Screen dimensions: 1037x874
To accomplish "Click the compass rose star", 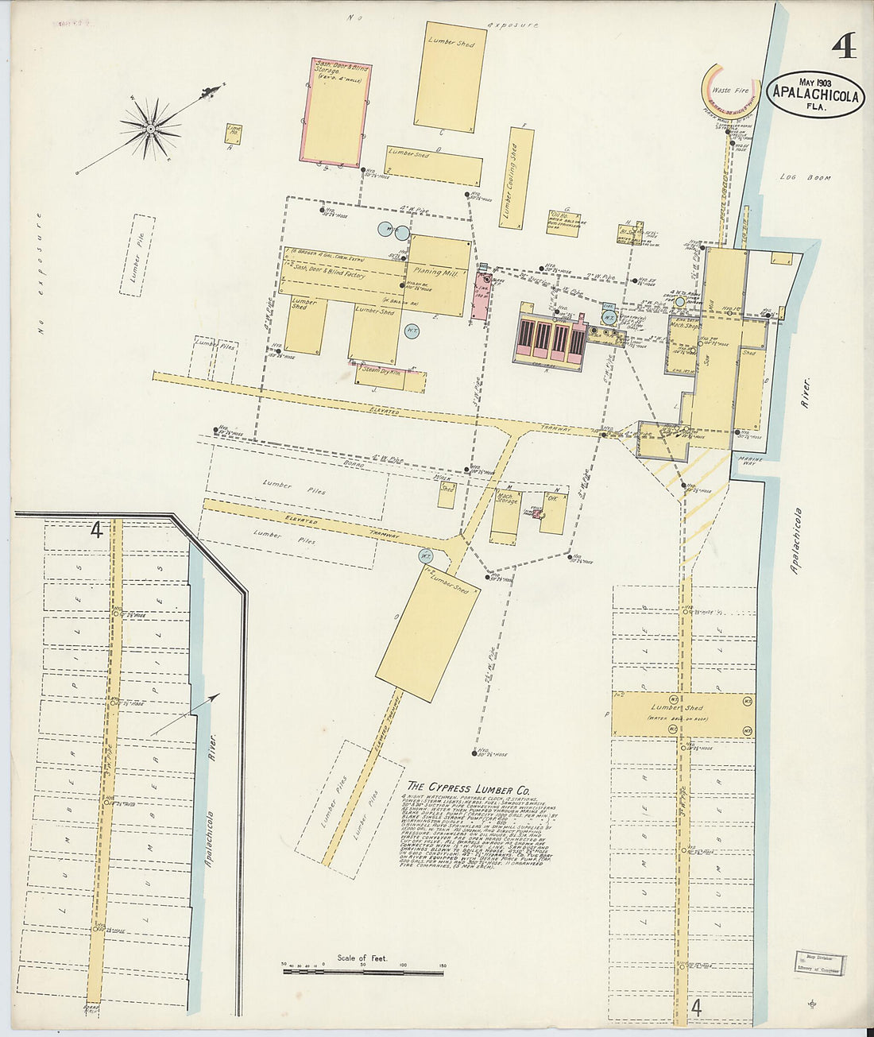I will (x=150, y=127).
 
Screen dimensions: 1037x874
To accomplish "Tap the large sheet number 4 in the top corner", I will (x=843, y=47).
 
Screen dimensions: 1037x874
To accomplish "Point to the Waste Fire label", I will (x=730, y=91).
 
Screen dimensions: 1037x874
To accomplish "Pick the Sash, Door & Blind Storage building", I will (x=334, y=112).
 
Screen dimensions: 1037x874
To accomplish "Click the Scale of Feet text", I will (x=362, y=958).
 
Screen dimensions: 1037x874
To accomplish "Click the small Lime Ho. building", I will (x=233, y=133).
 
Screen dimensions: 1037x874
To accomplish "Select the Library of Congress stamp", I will (x=818, y=962).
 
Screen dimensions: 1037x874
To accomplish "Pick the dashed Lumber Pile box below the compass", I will (x=137, y=255).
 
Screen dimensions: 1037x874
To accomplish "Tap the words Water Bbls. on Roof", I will (x=678, y=719).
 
